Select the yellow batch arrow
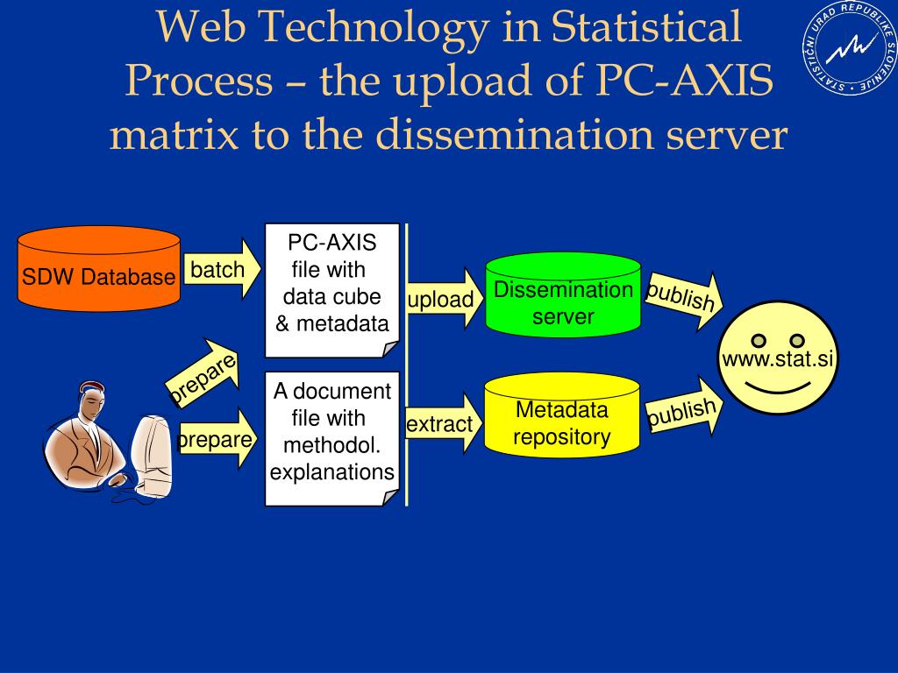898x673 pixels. tap(222, 270)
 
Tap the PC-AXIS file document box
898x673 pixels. tap(332, 289)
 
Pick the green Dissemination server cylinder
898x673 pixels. tap(563, 295)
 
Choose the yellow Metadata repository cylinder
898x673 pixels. tap(562, 416)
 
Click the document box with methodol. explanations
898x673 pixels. tap(331, 438)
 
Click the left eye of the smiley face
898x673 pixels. tap(759, 340)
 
